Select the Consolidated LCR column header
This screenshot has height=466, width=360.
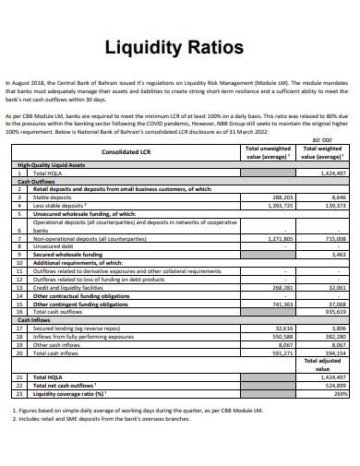click(127, 151)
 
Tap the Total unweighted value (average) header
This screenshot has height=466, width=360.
click(268, 152)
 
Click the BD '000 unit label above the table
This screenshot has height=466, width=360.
click(337, 140)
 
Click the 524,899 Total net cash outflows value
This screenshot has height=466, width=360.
click(333, 385)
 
